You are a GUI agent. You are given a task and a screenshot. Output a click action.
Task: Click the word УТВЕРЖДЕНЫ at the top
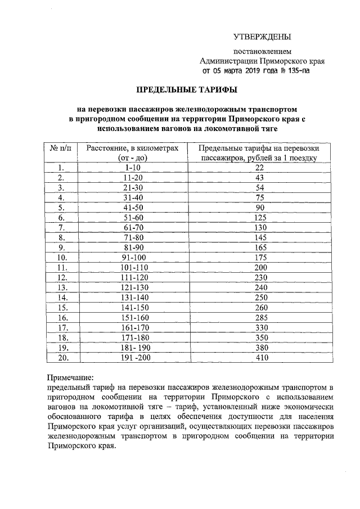pyautogui.click(x=262, y=38)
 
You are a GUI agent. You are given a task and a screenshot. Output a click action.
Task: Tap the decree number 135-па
pyautogui.click(x=297, y=71)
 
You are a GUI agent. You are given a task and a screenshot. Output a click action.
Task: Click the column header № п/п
pyautogui.click(x=61, y=147)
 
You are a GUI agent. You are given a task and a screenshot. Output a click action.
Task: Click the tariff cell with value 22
pyautogui.click(x=259, y=168)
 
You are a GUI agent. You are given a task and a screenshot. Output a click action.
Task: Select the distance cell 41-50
pyautogui.click(x=133, y=207)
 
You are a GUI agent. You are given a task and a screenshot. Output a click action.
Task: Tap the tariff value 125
pyautogui.click(x=259, y=217)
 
